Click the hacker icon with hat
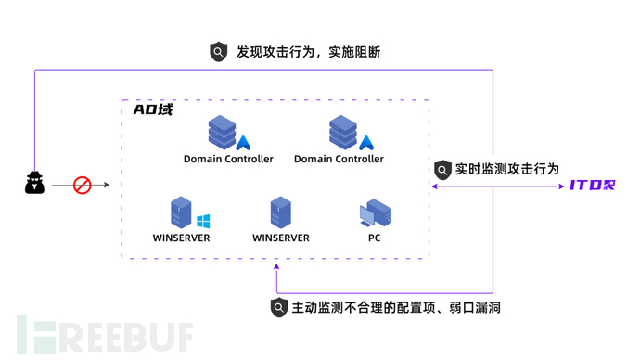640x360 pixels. (x=34, y=184)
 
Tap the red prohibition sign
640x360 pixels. (x=83, y=186)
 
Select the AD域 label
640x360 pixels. (x=153, y=109)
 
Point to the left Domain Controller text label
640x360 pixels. (x=228, y=159)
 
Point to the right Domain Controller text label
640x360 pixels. (x=339, y=159)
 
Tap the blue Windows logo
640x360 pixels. (x=203, y=221)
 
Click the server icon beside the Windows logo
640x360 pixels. (x=180, y=213)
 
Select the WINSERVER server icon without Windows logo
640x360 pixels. (x=280, y=213)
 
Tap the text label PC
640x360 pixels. (x=374, y=238)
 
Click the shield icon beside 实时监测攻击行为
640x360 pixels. (x=442, y=170)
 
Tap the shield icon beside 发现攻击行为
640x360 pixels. (x=218, y=53)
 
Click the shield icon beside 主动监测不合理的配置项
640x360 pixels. (x=278, y=307)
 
